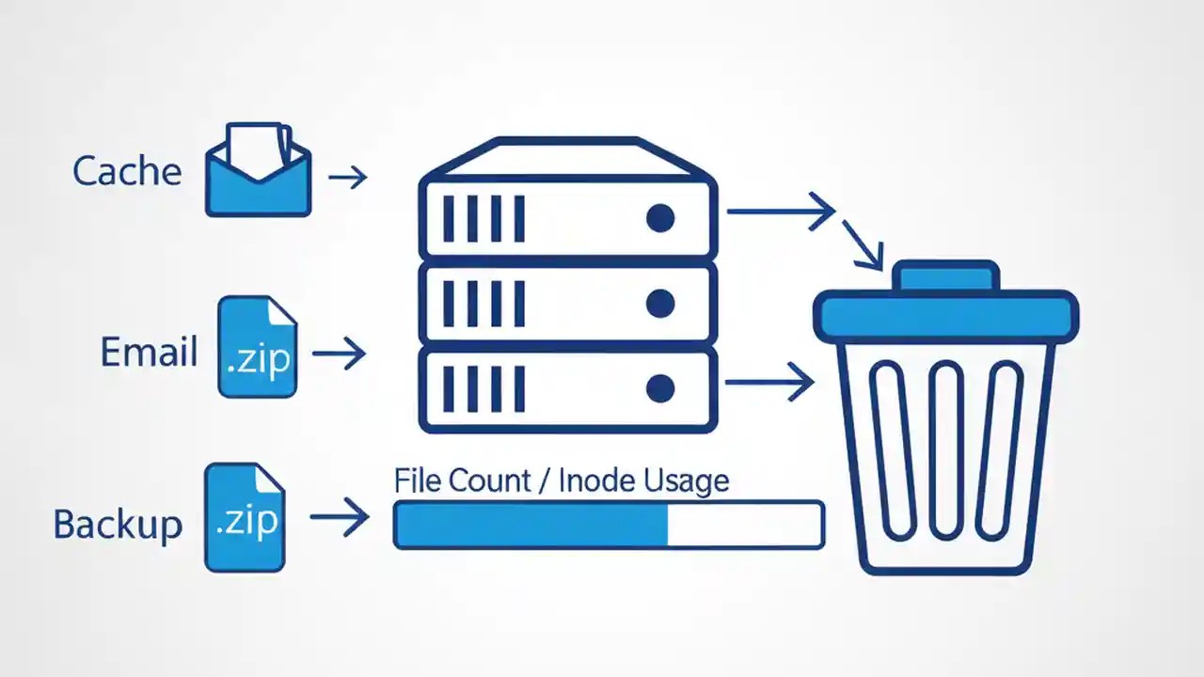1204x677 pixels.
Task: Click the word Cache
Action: (127, 171)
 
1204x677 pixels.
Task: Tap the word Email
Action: (149, 353)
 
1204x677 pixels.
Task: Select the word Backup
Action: (118, 524)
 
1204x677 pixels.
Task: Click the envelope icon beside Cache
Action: (258, 171)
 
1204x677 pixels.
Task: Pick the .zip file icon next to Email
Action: (257, 347)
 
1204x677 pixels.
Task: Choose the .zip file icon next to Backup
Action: (245, 518)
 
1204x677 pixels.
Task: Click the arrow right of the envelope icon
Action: (347, 176)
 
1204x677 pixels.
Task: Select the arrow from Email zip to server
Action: (339, 354)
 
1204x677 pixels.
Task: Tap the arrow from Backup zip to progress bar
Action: (339, 517)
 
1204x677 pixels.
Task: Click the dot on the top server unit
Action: (660, 218)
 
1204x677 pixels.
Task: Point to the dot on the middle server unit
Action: (660, 303)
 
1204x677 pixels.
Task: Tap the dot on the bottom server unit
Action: (660, 387)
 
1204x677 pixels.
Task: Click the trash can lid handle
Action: (944, 276)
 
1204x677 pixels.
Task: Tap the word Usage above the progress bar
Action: (686, 480)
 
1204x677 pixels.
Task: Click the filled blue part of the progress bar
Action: (531, 525)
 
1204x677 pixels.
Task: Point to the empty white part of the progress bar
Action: (743, 525)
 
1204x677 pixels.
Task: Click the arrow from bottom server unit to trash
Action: (769, 382)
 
